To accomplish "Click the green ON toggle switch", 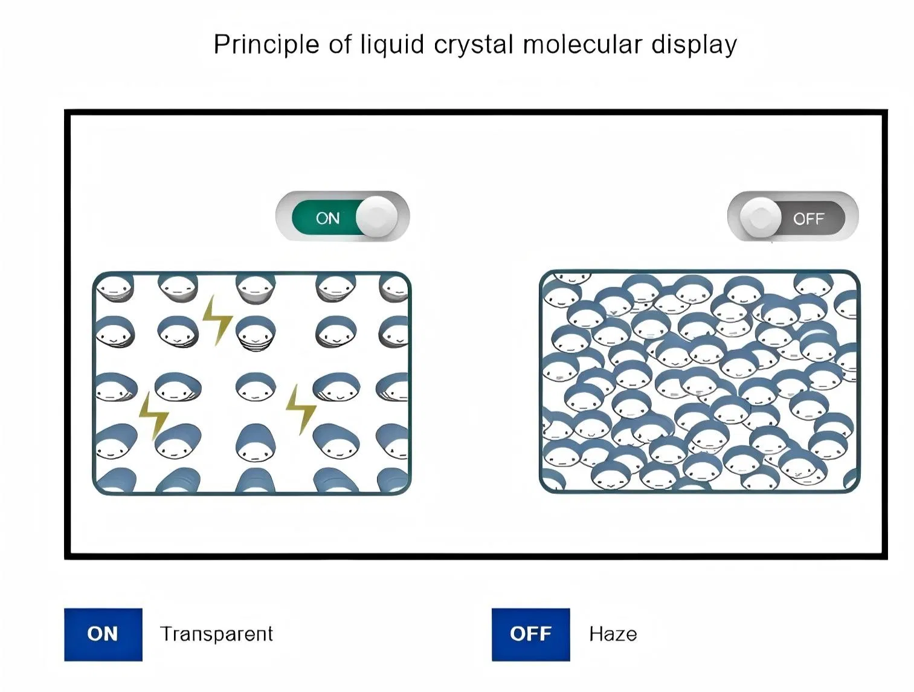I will click(x=343, y=218).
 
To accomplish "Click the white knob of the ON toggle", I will click(x=377, y=216).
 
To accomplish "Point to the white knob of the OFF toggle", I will click(x=761, y=217).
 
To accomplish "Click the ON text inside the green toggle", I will click(x=327, y=218).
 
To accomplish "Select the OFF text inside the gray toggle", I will click(x=808, y=219).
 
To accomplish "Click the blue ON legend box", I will click(x=103, y=634).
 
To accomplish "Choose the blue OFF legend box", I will click(x=530, y=634).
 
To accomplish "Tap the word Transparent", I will click(x=216, y=634).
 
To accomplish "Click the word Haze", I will click(x=613, y=634).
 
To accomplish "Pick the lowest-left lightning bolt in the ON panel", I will click(x=153, y=416).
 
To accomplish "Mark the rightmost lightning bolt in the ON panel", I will click(x=300, y=409).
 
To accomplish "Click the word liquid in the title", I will click(x=392, y=45).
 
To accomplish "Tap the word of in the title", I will click(x=340, y=45).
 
